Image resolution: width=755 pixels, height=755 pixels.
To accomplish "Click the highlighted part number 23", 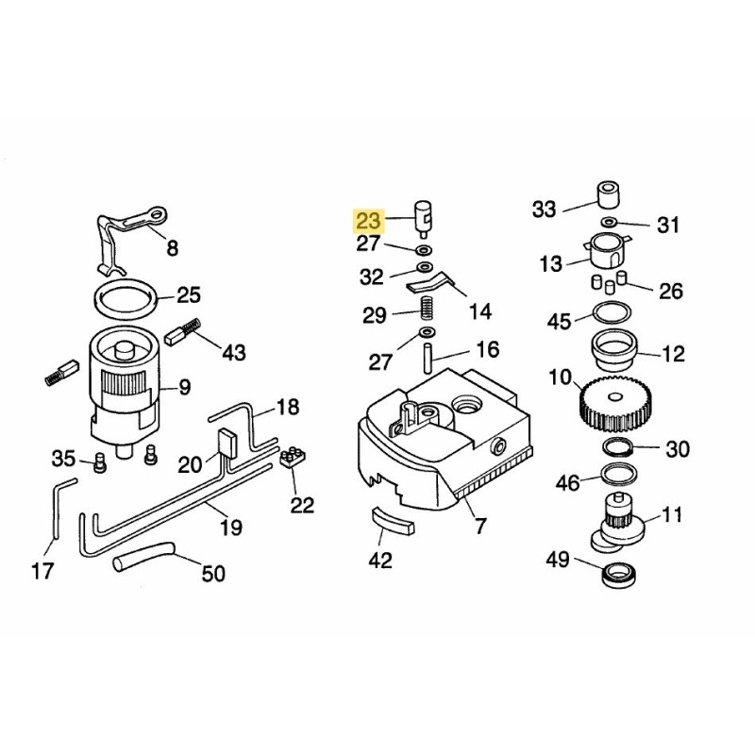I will (367, 222).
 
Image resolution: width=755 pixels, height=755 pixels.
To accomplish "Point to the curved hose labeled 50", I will (143, 558).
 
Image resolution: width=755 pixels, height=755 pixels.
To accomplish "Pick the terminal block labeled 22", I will (294, 460).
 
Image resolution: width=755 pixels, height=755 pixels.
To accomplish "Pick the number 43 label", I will (232, 352).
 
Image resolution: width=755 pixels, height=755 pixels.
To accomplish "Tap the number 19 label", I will (230, 526).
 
